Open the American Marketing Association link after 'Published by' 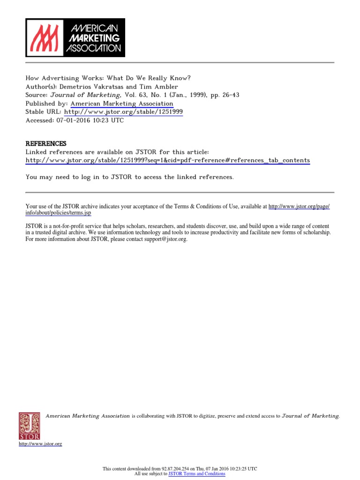pyautogui.click(x=121, y=104)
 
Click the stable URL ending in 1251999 pyautogui.click(x=123, y=112)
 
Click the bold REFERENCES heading pyautogui.click(x=46, y=143)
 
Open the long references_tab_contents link pyautogui.click(x=167, y=160)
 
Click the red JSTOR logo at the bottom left pyautogui.click(x=30, y=426)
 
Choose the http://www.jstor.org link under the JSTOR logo pyautogui.click(x=40, y=443)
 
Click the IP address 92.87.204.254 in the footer pyautogui.click(x=178, y=469)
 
